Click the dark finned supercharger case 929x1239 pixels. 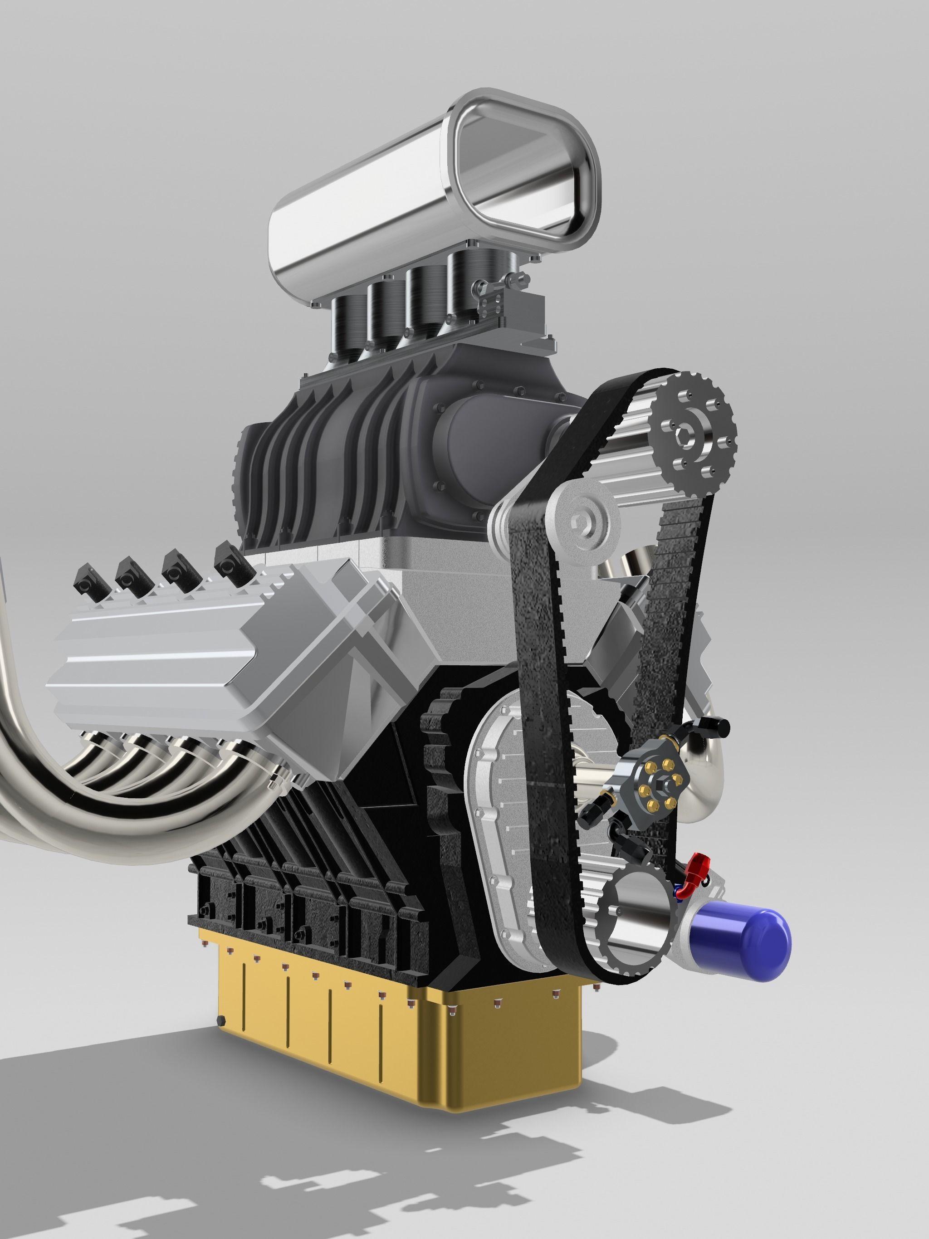click(314, 465)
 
